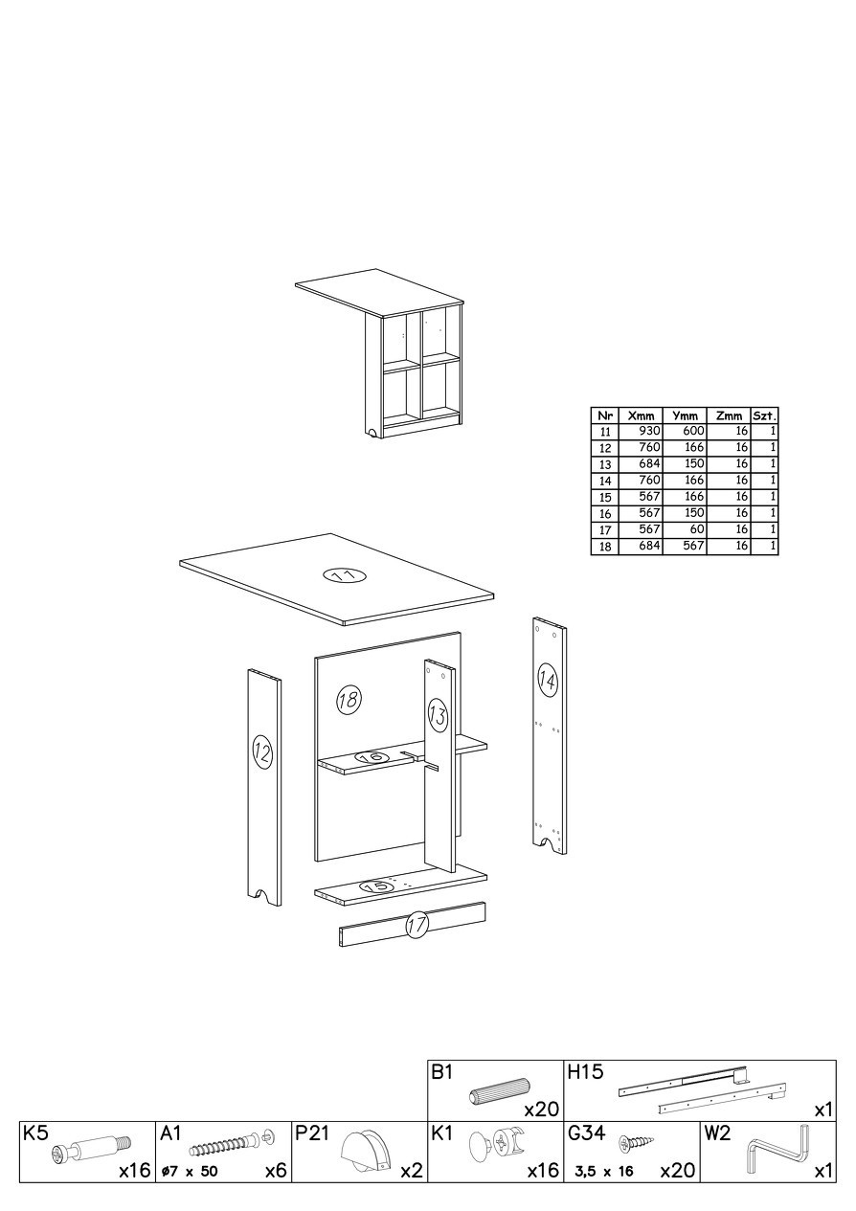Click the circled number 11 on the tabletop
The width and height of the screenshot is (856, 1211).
(345, 575)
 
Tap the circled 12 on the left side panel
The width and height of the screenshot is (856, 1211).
(262, 751)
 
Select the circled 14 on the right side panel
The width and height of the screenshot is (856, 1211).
(548, 682)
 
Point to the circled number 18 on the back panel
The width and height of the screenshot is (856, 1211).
(349, 701)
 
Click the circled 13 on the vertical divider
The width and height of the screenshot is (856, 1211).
(438, 716)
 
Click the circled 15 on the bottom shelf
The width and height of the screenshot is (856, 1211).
(378, 886)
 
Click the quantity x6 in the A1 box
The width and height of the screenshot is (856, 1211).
(276, 1184)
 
